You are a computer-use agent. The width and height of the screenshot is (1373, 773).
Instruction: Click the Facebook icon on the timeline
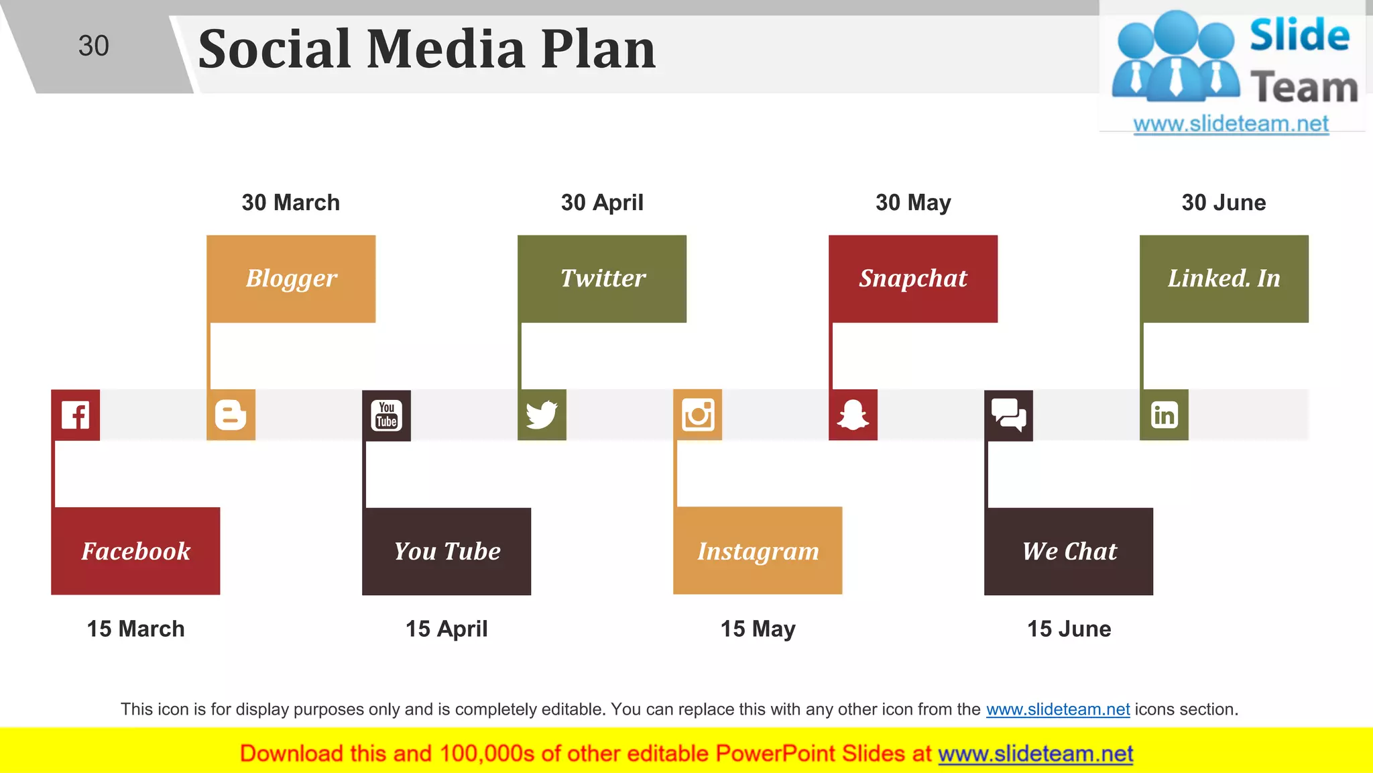(75, 415)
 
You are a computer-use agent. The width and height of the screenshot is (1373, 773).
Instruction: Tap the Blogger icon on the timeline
(231, 415)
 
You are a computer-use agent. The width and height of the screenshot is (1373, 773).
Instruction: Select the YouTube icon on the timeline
(386, 415)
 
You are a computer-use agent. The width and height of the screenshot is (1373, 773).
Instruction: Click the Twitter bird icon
(542, 415)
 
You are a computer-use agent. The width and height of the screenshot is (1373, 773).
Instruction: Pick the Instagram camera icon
(697, 415)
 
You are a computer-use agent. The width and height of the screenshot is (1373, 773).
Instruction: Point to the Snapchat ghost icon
(853, 415)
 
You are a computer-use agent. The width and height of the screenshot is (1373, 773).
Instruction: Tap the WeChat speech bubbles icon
(1008, 415)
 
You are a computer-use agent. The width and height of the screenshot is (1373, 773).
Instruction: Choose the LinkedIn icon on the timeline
(1164, 415)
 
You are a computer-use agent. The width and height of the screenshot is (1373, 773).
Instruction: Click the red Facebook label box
(135, 551)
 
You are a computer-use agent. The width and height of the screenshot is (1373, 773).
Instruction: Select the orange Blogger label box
(291, 278)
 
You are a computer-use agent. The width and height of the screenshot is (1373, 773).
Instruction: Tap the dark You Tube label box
(446, 551)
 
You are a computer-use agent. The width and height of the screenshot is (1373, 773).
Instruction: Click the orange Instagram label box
(758, 551)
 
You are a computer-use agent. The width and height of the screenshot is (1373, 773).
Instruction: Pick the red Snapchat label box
(913, 278)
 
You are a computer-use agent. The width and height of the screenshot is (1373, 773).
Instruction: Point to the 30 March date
(291, 203)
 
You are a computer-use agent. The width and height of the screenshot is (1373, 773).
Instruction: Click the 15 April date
(446, 629)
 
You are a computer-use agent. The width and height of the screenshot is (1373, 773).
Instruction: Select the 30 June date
(1223, 203)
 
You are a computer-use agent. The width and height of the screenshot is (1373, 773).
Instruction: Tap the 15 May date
(758, 629)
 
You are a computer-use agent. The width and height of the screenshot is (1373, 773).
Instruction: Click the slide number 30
(93, 46)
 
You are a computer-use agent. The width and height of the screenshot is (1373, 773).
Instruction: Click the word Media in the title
(446, 50)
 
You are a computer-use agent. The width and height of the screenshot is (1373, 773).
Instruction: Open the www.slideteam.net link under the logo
(1231, 124)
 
